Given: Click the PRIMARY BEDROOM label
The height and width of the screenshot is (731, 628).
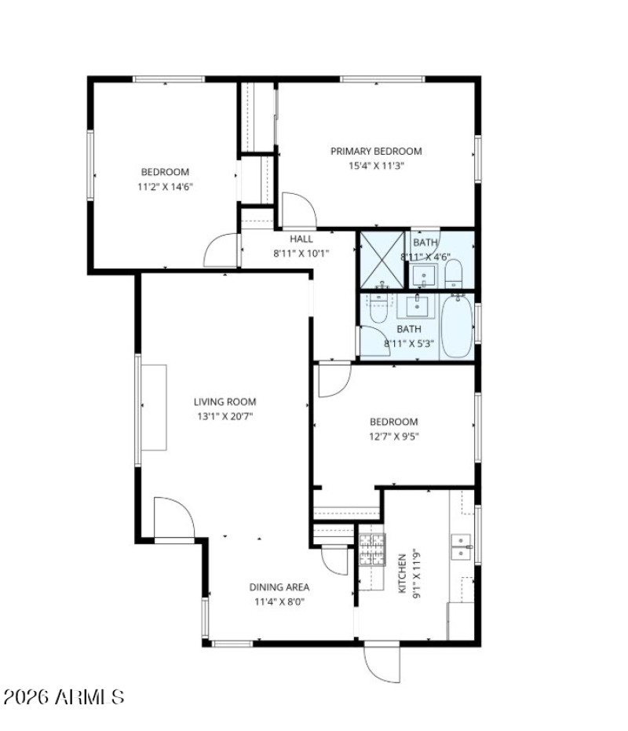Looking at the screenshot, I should pyautogui.click(x=375, y=152).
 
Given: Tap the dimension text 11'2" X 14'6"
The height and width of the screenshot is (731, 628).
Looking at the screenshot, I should pyautogui.click(x=165, y=187).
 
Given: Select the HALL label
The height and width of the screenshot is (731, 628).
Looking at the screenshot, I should pyautogui.click(x=301, y=239).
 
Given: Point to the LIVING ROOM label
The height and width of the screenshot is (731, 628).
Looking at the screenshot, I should pyautogui.click(x=225, y=402).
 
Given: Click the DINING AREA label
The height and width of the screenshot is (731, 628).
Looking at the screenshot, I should pyautogui.click(x=279, y=587).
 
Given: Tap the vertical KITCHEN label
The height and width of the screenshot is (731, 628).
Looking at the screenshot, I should pyautogui.click(x=402, y=573).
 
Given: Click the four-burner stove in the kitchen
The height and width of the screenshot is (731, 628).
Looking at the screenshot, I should pyautogui.click(x=372, y=549).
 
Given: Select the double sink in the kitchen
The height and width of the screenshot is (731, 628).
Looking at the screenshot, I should pyautogui.click(x=461, y=546).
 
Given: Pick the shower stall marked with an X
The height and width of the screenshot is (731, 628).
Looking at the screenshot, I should pyautogui.click(x=382, y=259).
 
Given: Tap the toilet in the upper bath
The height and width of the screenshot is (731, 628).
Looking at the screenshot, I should pyautogui.click(x=454, y=274).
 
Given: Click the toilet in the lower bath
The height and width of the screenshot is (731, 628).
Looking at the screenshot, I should pyautogui.click(x=378, y=308).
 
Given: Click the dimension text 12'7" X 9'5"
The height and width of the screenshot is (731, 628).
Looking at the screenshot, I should pyautogui.click(x=394, y=437).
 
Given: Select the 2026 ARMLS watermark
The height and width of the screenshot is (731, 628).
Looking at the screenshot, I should pyautogui.click(x=64, y=696).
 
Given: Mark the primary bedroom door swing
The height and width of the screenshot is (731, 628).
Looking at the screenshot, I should pyautogui.click(x=298, y=209).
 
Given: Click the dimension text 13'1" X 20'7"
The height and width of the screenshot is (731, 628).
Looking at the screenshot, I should pyautogui.click(x=225, y=416).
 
